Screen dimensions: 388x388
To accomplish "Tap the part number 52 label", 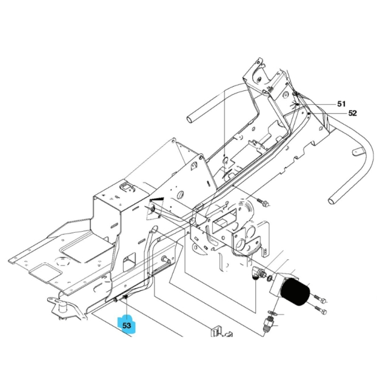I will point(352,113).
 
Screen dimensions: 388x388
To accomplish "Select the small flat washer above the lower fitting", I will point(272,313).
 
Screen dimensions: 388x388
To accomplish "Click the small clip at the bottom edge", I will point(216,333).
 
